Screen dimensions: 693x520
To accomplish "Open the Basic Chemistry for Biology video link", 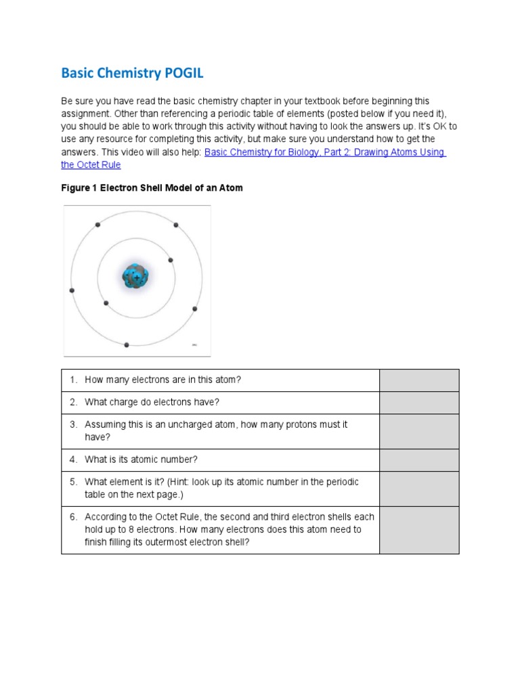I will click(324, 153).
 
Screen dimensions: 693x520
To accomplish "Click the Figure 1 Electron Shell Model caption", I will click(152, 188).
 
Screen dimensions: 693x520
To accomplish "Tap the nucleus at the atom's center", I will click(135, 277).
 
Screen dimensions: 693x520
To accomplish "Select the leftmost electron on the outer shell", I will click(72, 290).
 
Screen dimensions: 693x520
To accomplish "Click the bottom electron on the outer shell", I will click(127, 344).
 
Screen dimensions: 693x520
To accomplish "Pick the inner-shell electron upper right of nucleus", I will click(171, 260).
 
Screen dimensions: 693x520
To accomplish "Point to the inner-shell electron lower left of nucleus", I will click(106, 303).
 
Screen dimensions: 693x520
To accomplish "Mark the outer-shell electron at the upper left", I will click(97, 225).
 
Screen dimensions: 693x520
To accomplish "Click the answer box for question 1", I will click(418, 380).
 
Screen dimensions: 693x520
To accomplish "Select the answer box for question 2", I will click(418, 403).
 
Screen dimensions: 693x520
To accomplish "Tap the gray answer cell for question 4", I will click(418, 460).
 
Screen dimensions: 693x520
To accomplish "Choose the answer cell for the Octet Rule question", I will click(418, 530).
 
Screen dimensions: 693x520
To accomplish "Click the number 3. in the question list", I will click(74, 424).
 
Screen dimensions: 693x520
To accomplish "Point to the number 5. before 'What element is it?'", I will click(74, 482).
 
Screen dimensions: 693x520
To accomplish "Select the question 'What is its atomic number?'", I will click(141, 460).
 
